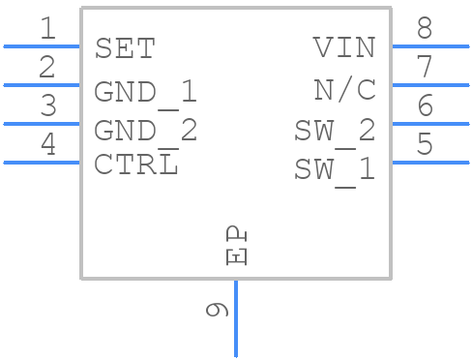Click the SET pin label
tap(124, 48)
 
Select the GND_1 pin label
tap(145, 92)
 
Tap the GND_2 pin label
tap(145, 131)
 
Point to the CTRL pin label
tap(135, 165)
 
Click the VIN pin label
tap(343, 48)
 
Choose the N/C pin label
tap(344, 90)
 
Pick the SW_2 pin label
tap(335, 131)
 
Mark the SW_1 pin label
tap(335, 169)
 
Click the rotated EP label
tap(236, 247)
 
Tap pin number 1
tap(46, 29)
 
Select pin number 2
tap(46, 68)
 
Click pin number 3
tap(46, 106)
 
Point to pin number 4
tap(46, 145)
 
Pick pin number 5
tap(425, 145)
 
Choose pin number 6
tap(425, 106)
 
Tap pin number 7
tap(425, 68)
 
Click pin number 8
tap(425, 29)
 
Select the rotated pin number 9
tap(217, 310)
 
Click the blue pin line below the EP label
tap(235, 319)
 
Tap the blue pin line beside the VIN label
tap(429, 45)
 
